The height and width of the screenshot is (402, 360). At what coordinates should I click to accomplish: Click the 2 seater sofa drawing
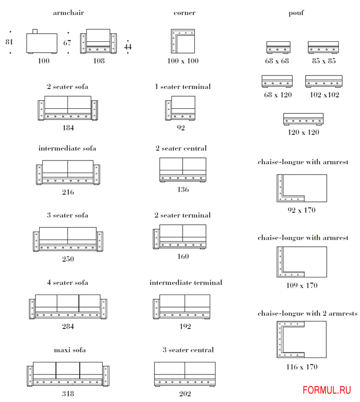click(67, 108)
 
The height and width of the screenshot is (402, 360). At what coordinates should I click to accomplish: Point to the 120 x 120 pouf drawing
click(303, 119)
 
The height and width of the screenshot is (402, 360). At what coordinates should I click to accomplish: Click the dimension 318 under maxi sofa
click(68, 394)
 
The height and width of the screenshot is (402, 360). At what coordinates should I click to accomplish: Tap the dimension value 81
click(9, 42)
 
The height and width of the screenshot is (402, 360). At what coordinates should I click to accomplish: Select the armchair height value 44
click(128, 46)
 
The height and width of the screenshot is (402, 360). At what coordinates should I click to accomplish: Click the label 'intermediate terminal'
click(185, 282)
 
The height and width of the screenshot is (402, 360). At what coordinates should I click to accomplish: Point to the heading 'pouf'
click(296, 13)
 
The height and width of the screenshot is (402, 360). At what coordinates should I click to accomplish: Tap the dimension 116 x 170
click(301, 367)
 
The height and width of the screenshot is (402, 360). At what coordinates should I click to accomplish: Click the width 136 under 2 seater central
click(183, 189)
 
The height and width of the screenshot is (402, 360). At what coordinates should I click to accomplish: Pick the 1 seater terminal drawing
click(180, 108)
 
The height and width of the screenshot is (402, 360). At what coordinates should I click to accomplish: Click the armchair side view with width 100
click(41, 43)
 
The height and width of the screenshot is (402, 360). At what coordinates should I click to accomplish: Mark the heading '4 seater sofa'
click(67, 282)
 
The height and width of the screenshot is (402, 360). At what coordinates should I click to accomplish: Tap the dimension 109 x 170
click(301, 285)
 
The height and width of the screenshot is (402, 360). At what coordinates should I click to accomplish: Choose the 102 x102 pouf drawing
click(324, 81)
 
